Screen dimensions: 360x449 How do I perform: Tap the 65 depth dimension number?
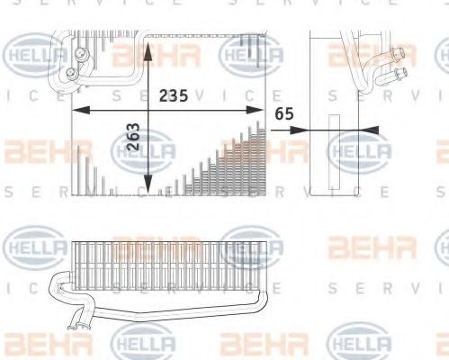coord(285,114)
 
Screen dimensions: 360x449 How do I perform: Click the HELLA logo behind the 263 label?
coord(143,150)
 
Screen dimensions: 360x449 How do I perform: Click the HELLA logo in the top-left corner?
coord(35,55)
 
